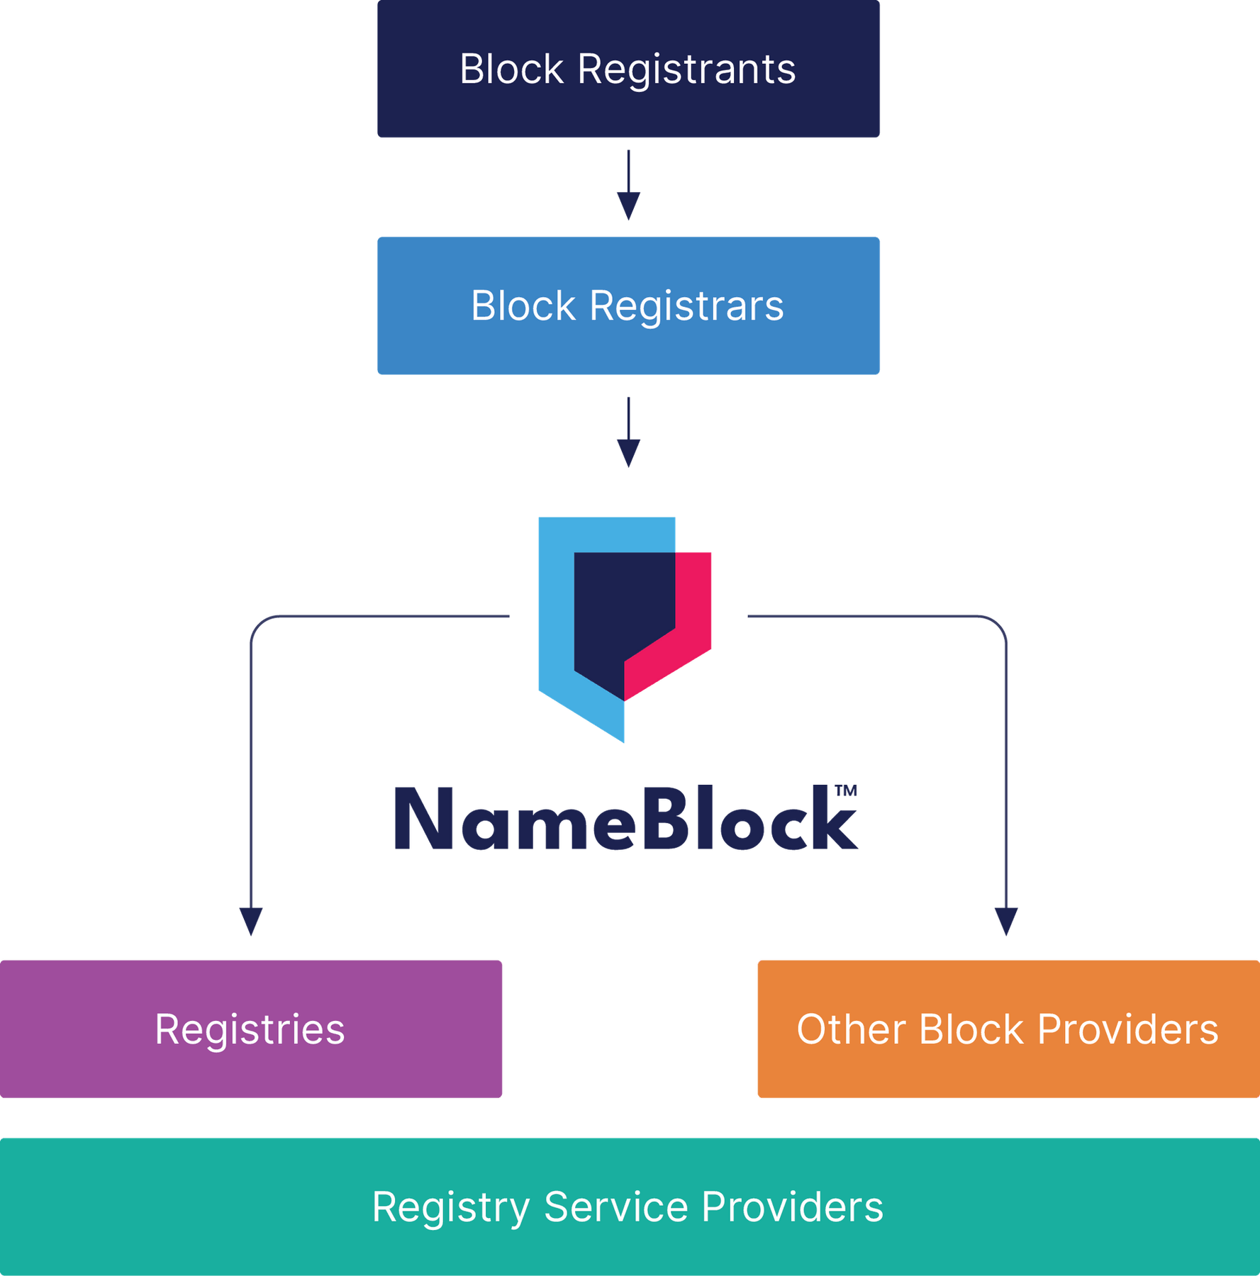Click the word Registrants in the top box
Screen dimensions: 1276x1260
pyautogui.click(x=686, y=69)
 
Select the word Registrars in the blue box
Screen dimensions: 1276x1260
pyautogui.click(x=686, y=306)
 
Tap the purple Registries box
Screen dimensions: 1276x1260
pyautogui.click(x=251, y=1029)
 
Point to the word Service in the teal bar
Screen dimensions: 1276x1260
pyautogui.click(x=615, y=1207)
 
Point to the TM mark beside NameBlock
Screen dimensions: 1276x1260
pyautogui.click(x=845, y=790)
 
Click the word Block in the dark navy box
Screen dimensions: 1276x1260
pyautogui.click(x=511, y=69)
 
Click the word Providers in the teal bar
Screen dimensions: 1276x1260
pyautogui.click(x=792, y=1207)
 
